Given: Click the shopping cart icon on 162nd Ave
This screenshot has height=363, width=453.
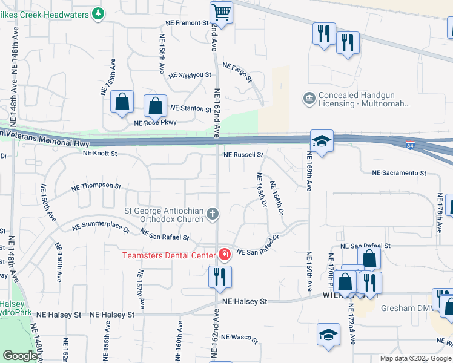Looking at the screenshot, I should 222,12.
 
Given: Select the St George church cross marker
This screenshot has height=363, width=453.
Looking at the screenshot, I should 212,213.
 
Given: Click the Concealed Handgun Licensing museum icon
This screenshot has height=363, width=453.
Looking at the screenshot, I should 309,98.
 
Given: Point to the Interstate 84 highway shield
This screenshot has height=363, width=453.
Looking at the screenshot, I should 411,145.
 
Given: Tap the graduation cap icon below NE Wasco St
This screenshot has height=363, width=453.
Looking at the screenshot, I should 328,335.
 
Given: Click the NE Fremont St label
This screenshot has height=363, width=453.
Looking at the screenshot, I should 188,23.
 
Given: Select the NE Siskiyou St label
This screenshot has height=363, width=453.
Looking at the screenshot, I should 190,76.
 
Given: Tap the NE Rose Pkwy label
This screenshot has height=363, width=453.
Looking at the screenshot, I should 155,123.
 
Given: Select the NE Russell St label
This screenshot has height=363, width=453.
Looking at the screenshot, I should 243,155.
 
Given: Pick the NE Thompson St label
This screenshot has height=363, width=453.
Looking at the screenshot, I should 96,186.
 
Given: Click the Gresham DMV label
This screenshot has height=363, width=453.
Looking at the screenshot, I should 405,308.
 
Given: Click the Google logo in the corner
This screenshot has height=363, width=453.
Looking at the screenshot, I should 20,356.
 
